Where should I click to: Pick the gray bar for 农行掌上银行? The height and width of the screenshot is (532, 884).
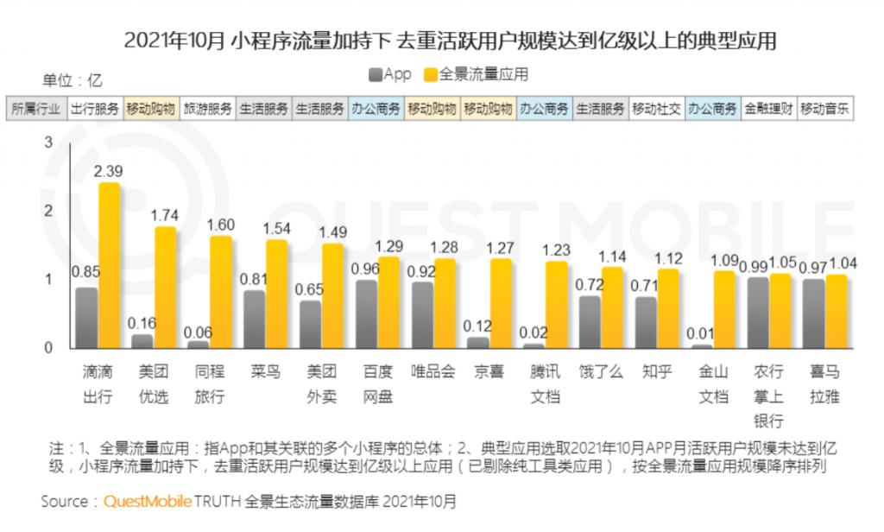click(x=758, y=313)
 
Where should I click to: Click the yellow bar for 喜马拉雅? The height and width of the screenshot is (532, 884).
click(x=836, y=312)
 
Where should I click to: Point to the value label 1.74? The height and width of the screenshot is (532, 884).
click(x=166, y=212)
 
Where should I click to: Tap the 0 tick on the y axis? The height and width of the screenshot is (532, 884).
click(x=49, y=348)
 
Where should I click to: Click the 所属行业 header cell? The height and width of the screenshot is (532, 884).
click(x=36, y=110)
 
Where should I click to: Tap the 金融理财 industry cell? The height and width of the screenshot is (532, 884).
click(x=767, y=110)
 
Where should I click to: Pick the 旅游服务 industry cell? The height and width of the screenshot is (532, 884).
click(x=207, y=110)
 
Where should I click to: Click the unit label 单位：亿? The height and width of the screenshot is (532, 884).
click(x=72, y=81)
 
